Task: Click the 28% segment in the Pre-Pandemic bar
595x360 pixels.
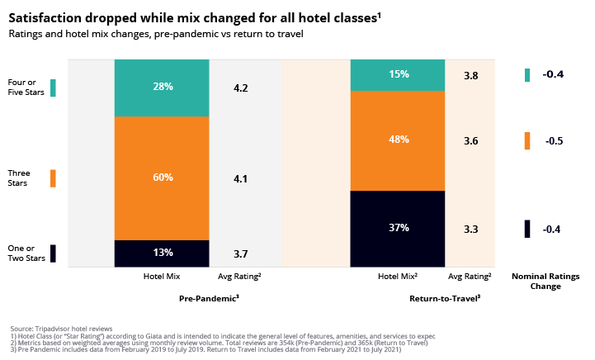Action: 162,88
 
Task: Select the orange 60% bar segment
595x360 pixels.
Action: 162,178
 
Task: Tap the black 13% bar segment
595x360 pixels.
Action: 162,252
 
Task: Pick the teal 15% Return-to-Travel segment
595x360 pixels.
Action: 399,74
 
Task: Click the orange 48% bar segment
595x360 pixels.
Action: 399,140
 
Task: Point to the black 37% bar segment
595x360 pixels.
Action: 399,227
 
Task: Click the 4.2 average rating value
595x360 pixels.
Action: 241,88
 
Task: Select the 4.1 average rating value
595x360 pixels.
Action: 241,178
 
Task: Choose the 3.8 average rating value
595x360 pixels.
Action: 470,75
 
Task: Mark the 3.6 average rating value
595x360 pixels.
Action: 470,141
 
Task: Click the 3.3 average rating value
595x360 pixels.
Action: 470,229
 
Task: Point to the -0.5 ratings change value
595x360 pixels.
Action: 553,141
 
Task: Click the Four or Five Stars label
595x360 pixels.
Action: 22,88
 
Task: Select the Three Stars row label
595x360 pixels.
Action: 18,178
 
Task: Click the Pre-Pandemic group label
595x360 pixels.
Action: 209,296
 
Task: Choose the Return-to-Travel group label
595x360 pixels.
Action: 445,296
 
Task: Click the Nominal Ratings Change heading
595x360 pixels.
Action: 546,282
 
